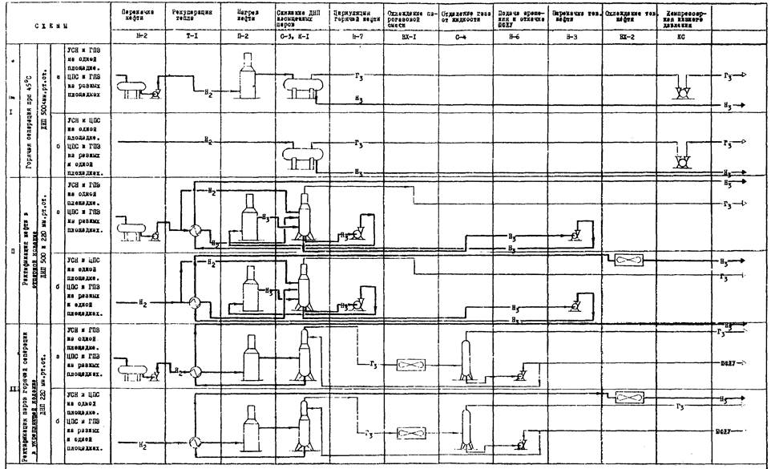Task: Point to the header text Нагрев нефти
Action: point(248,18)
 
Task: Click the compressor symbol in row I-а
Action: point(684,94)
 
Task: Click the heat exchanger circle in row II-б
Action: point(193,302)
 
